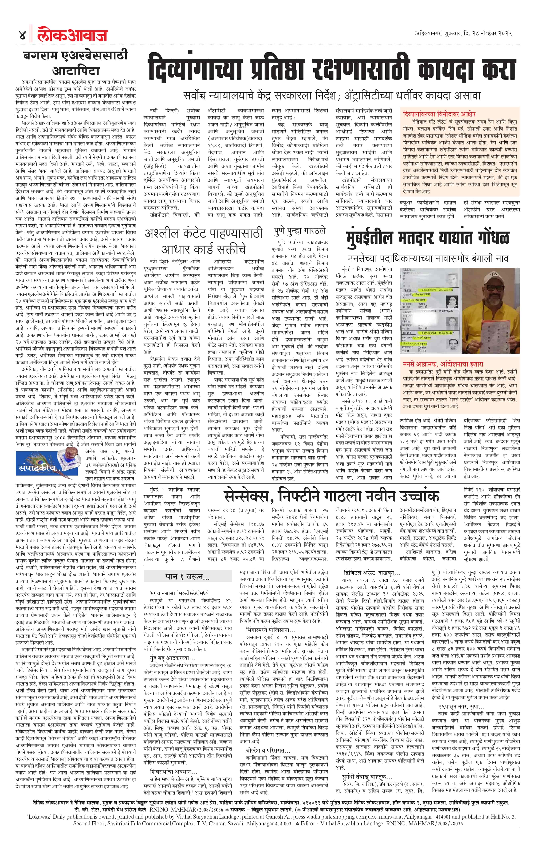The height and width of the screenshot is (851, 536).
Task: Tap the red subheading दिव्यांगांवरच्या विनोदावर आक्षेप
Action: point(439,114)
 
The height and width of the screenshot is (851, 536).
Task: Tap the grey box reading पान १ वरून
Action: point(187,576)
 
